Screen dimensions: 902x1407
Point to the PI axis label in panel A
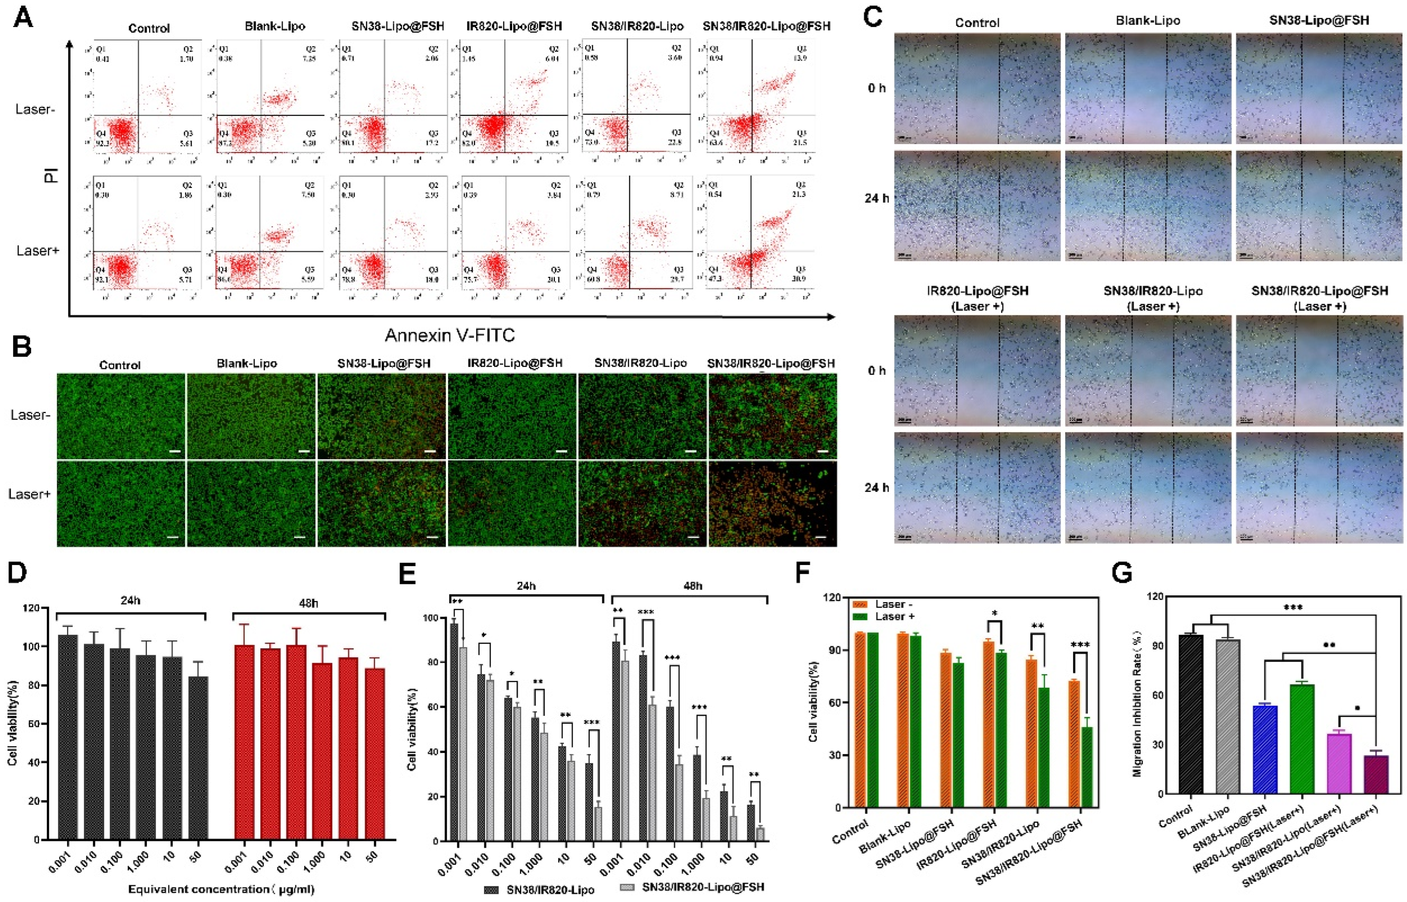(52, 175)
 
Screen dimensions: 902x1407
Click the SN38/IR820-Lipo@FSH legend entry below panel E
(702, 887)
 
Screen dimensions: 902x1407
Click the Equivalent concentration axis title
(221, 889)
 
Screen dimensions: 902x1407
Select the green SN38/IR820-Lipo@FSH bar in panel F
(1087, 767)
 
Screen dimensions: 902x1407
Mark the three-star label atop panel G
(1292, 608)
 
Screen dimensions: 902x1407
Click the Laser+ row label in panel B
(29, 494)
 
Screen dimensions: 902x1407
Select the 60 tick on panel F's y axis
(834, 702)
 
